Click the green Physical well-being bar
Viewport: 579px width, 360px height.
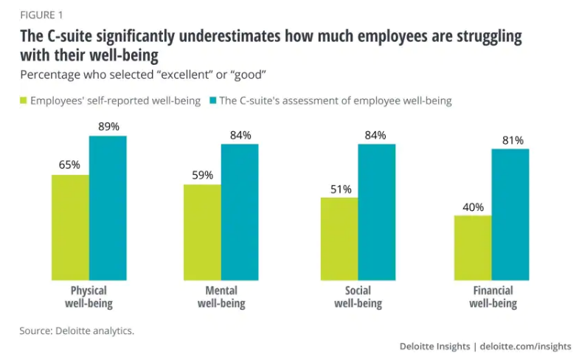[x=70, y=227]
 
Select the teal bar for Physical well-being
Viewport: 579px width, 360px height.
[x=108, y=208]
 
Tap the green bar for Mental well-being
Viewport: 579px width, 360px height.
[x=202, y=232]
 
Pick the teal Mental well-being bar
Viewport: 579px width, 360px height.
[x=240, y=212]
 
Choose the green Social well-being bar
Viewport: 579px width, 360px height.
[x=339, y=238]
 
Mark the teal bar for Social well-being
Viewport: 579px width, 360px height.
[x=377, y=212]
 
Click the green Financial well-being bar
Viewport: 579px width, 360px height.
[x=473, y=247]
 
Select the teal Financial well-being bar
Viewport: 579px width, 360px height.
[x=510, y=214]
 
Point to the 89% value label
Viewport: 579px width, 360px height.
[x=108, y=127]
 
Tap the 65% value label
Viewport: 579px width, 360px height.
[x=69, y=165]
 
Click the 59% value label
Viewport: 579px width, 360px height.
[x=202, y=175]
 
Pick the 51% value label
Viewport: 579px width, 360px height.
[x=339, y=188]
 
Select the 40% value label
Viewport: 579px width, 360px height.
[x=473, y=206]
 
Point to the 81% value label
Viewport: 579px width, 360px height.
[x=510, y=139]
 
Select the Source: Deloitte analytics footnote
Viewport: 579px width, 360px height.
[x=77, y=330]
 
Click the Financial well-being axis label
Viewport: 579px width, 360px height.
[x=493, y=297]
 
